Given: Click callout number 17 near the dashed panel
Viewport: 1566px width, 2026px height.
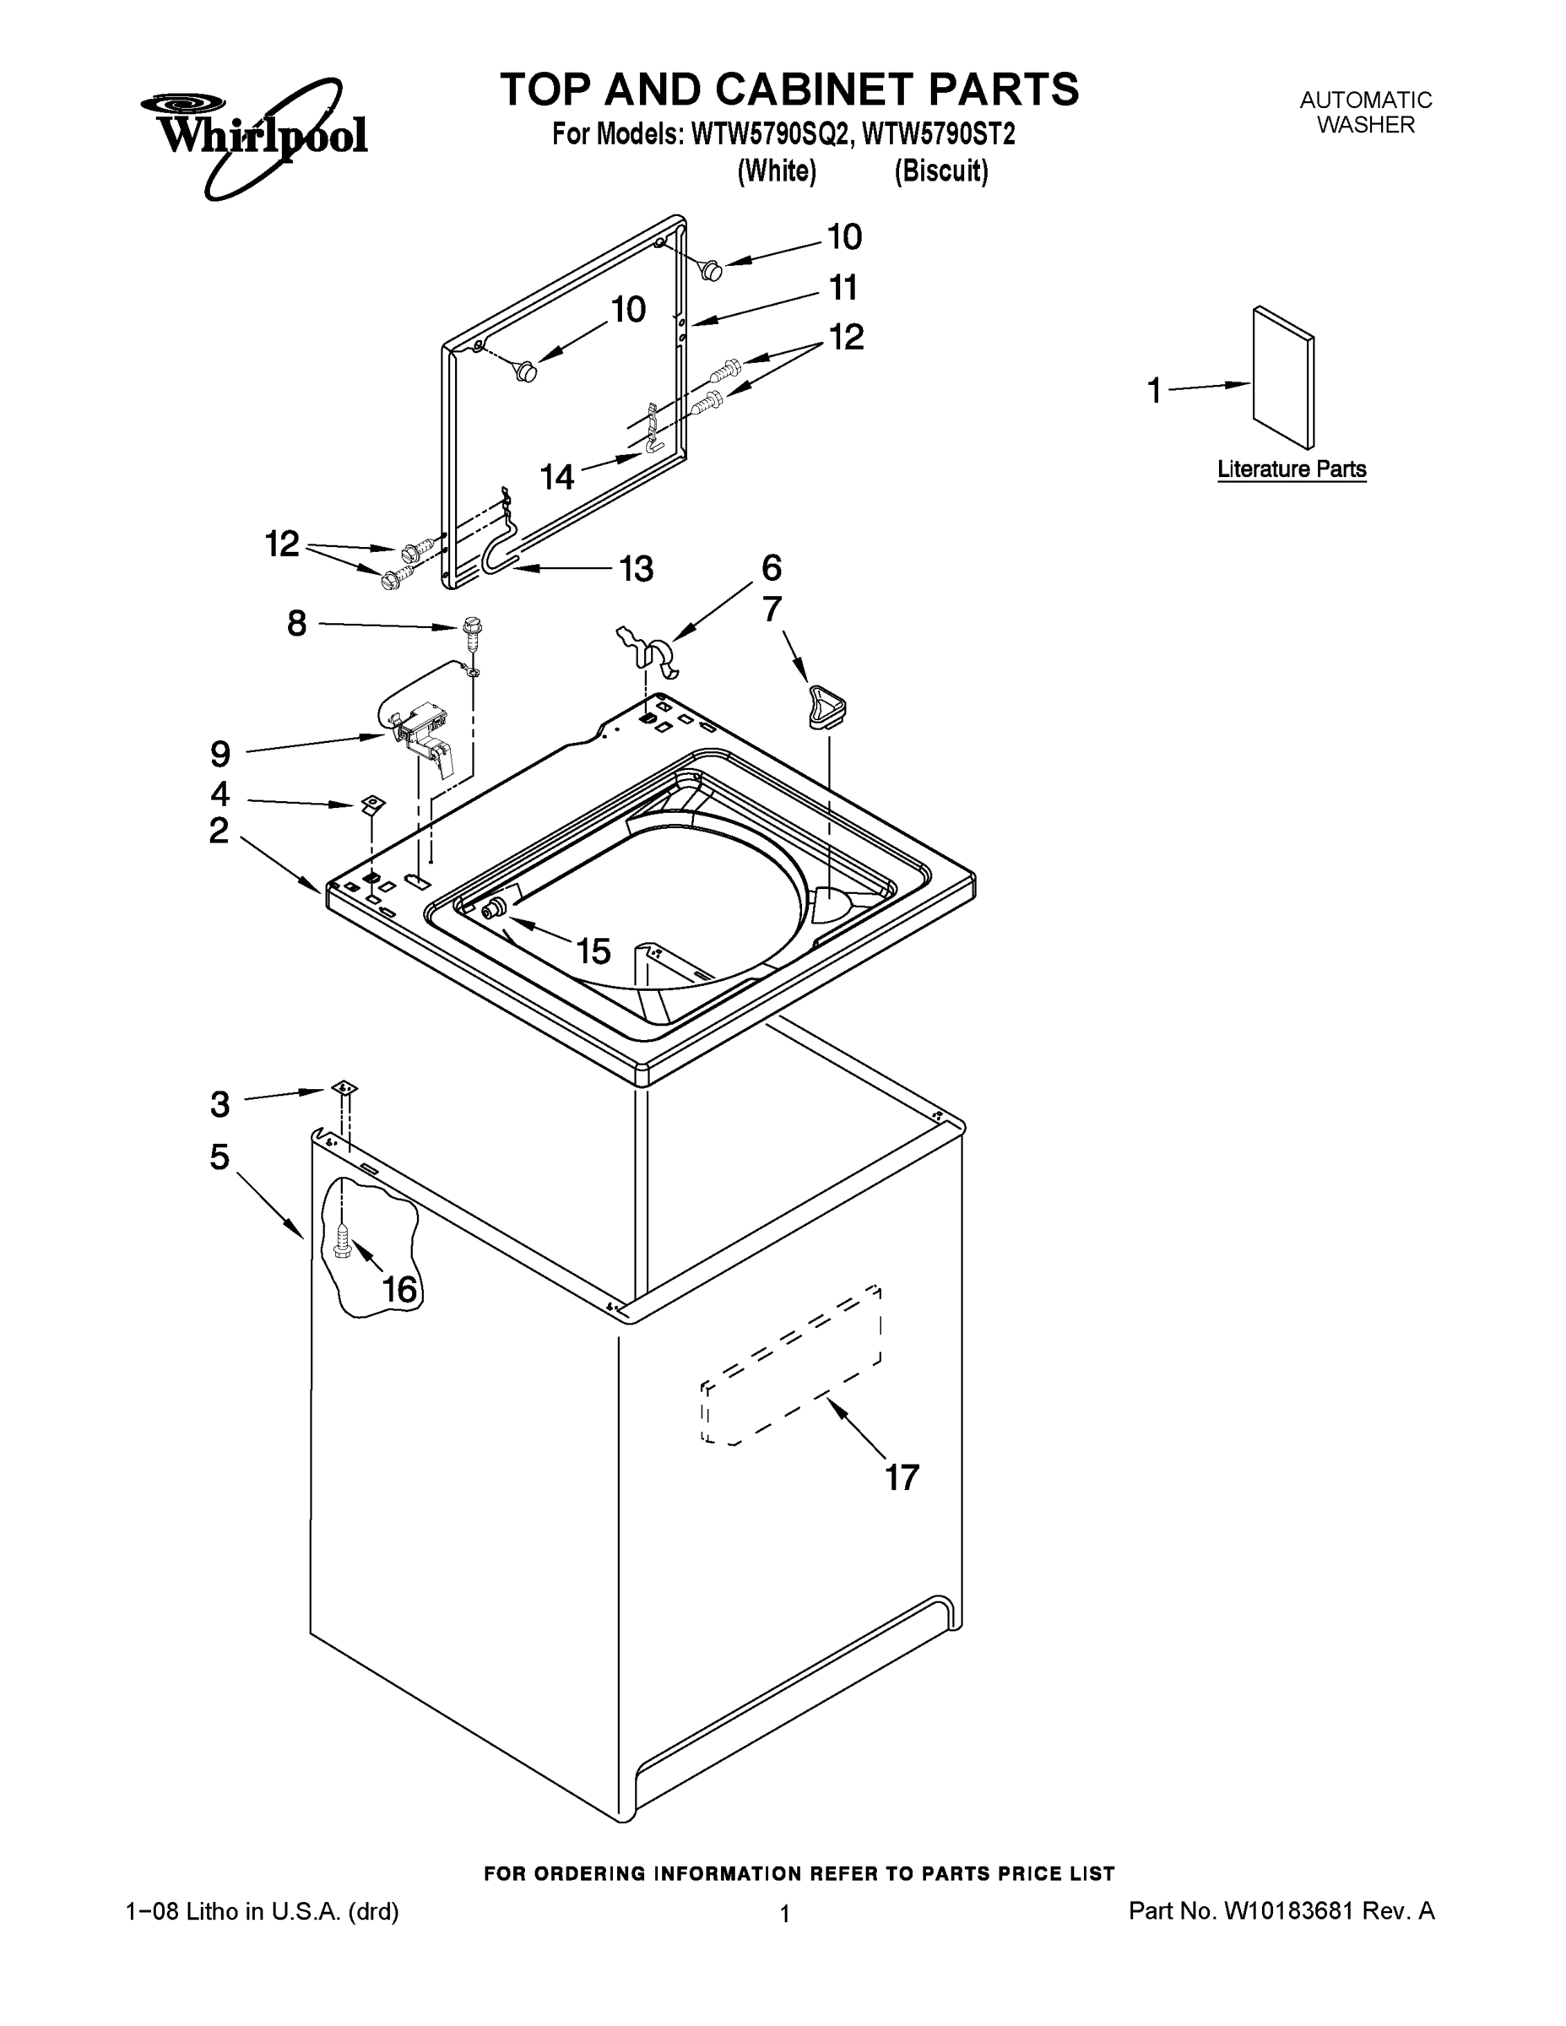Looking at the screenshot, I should [901, 1476].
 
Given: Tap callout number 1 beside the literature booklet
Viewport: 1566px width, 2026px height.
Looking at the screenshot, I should [1154, 391].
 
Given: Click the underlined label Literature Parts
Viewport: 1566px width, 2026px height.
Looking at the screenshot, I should [1292, 469].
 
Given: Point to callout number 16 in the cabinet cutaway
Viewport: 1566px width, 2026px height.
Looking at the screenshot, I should [400, 1288].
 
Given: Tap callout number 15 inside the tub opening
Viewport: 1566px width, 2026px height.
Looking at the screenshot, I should [593, 951].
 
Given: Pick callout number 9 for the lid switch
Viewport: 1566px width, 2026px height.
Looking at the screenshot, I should [219, 754].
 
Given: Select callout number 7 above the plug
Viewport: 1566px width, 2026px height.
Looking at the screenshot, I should [772, 609].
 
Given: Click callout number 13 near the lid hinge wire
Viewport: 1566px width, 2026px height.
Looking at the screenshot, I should [637, 569].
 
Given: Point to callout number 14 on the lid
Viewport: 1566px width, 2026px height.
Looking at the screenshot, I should [557, 477].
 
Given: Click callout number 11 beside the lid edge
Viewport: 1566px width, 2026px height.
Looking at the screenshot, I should [843, 288].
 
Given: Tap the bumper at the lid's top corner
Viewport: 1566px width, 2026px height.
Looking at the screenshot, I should [712, 269].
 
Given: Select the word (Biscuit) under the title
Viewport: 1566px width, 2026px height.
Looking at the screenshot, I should [940, 171].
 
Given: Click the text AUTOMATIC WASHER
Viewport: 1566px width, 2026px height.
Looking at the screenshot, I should [1366, 112].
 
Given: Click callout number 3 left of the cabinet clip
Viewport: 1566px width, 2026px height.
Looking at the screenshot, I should [219, 1104].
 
